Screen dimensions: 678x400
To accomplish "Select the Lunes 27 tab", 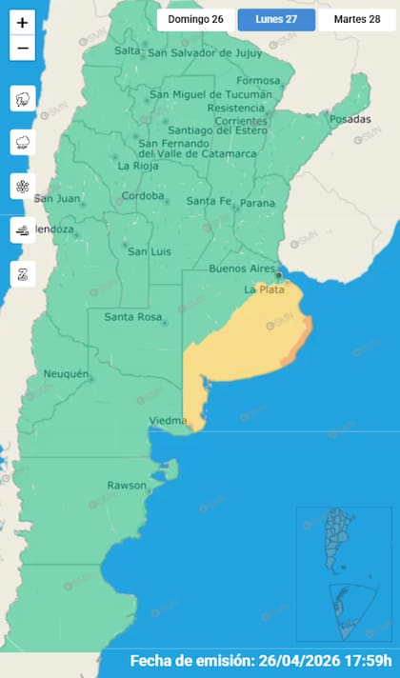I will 276,19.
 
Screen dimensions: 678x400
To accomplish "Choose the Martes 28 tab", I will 357,19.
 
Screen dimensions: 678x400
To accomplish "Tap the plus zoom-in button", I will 23,22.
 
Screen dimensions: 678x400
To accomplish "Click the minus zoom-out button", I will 23,48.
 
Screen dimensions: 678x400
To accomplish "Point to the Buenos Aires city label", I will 242,269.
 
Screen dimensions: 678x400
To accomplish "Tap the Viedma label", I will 168,420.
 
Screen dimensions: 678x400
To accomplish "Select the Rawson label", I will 127,486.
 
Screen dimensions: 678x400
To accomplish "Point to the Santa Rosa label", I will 131,317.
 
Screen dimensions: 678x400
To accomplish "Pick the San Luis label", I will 149,251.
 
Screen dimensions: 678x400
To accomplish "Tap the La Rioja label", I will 136,166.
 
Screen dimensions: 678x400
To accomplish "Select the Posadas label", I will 349,120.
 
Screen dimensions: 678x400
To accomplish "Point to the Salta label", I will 127,51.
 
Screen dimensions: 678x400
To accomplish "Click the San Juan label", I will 54,199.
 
